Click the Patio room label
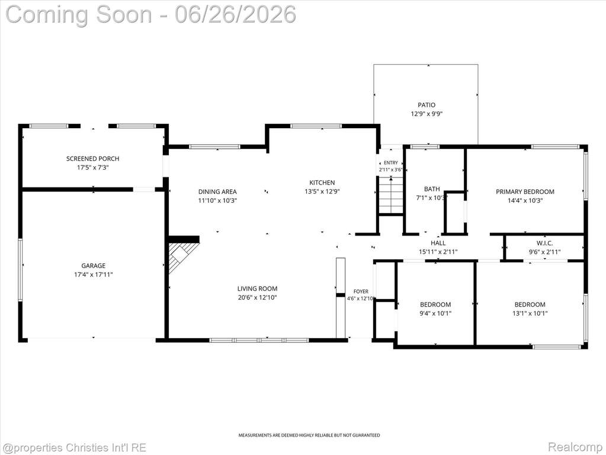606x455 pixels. coord(427,105)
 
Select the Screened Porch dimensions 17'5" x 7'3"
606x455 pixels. coord(93,167)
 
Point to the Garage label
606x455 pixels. coord(93,265)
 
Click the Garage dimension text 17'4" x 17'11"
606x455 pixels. coord(94,275)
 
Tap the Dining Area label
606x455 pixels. coord(217,192)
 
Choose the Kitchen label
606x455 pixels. coord(322,183)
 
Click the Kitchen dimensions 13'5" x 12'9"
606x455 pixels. coord(322,192)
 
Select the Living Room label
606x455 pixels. coord(258,289)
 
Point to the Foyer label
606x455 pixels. coord(361,291)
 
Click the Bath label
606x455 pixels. coord(432,189)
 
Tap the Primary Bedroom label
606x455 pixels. coord(525,192)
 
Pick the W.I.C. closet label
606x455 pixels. coord(544,243)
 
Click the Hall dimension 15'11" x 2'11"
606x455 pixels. coord(438,252)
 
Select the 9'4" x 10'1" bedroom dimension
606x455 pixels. coord(435,313)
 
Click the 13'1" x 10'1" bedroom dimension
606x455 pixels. coord(530,313)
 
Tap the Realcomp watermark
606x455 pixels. coord(575,447)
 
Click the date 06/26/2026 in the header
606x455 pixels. coord(235,15)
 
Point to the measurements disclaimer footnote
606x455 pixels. coord(309,435)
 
